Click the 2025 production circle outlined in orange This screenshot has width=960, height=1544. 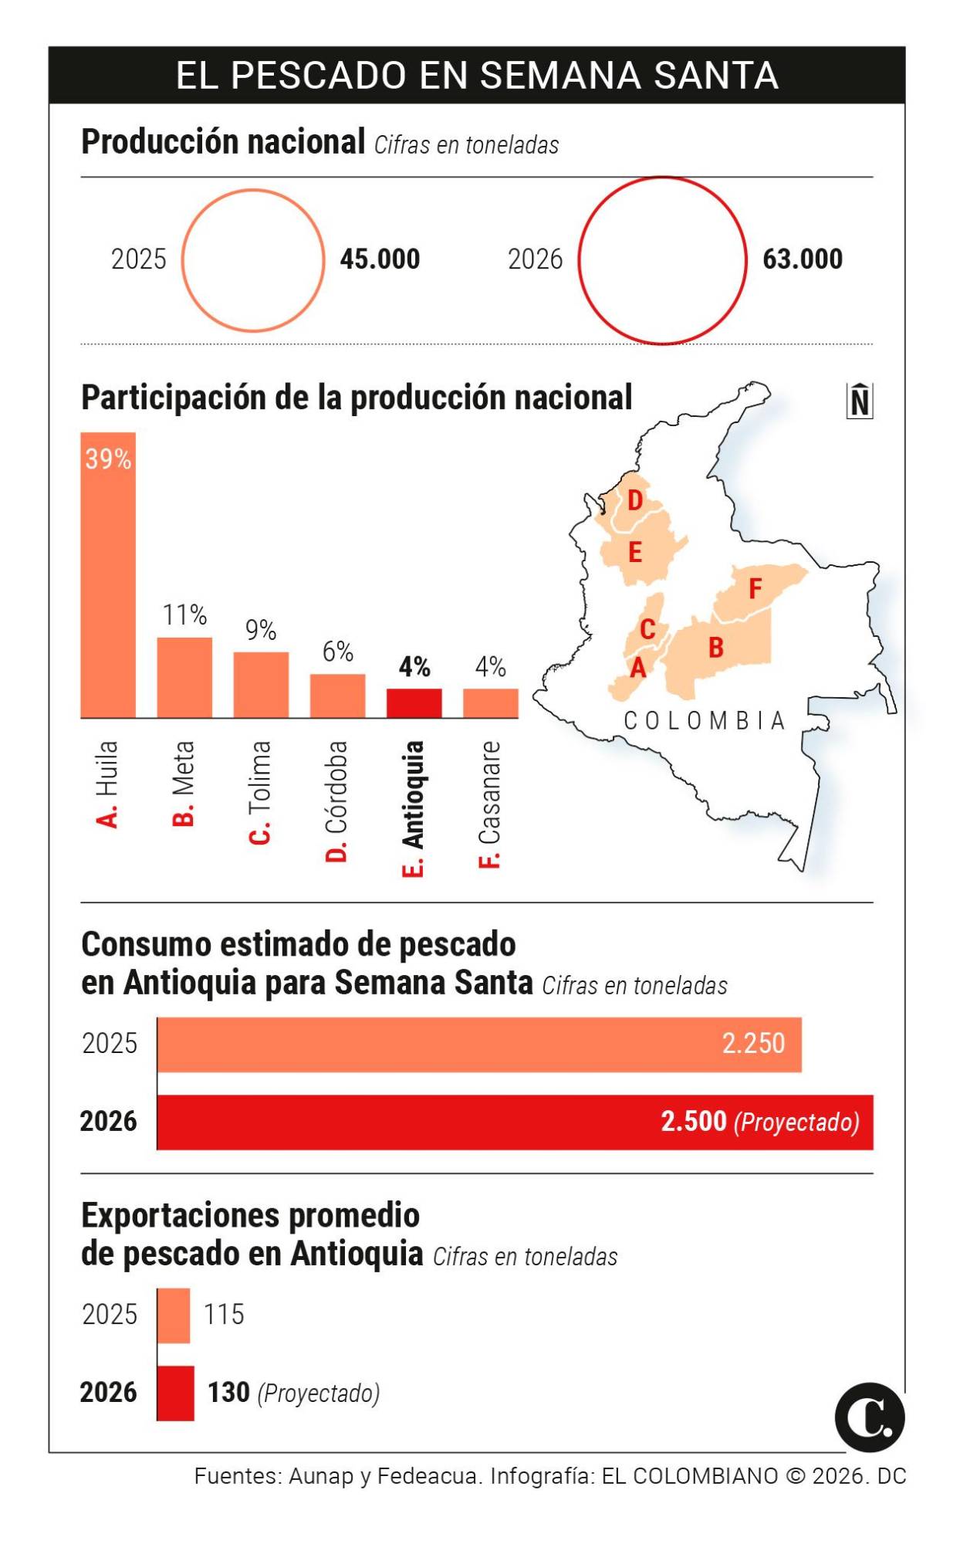pyautogui.click(x=253, y=261)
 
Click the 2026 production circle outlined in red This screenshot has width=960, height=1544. pyautogui.click(x=662, y=261)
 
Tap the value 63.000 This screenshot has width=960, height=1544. pyautogui.click(x=802, y=259)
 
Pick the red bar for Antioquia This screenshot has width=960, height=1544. pyautogui.click(x=414, y=703)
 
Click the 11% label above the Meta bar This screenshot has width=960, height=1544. pyautogui.click(x=184, y=615)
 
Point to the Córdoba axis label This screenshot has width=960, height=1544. pyautogui.click(x=337, y=801)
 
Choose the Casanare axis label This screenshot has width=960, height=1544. pyautogui.click(x=490, y=804)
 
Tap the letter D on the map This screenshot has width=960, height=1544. pyautogui.click(x=634, y=500)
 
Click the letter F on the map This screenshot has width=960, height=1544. pyautogui.click(x=755, y=589)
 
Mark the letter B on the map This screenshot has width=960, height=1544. pyautogui.click(x=715, y=647)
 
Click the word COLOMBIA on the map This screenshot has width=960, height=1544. pyautogui.click(x=704, y=721)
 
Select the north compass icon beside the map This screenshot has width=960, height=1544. pyautogui.click(x=859, y=401)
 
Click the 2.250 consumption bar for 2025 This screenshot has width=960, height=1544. pyautogui.click(x=478, y=1045)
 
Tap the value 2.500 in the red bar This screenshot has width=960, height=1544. pyautogui.click(x=693, y=1121)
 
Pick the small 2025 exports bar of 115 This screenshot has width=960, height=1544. pyautogui.click(x=174, y=1315)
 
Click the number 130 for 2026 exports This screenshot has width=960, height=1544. pyautogui.click(x=228, y=1392)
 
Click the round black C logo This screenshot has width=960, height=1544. pyautogui.click(x=869, y=1417)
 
